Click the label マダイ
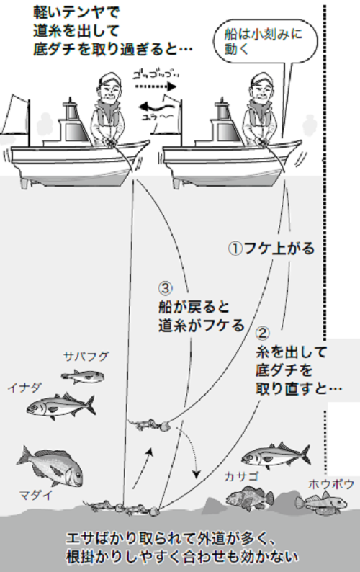tap(34, 495)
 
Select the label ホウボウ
tap(331, 484)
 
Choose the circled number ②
tap(264, 334)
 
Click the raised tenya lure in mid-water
tap(148, 424)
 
